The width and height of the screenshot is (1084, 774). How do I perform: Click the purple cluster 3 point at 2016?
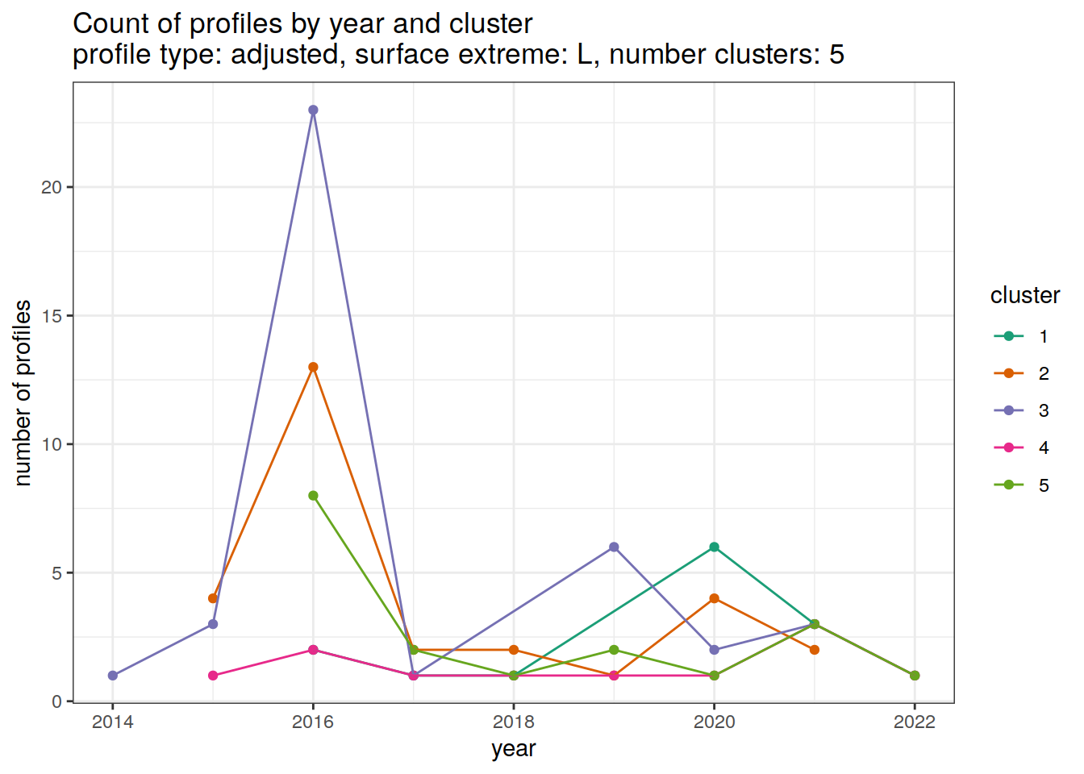pos(313,110)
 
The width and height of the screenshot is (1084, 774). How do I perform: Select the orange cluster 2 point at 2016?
pos(313,367)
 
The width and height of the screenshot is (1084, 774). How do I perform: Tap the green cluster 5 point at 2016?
pos(313,496)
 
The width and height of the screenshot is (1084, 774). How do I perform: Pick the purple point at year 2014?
pos(113,676)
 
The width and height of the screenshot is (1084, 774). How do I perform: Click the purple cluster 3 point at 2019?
pos(614,547)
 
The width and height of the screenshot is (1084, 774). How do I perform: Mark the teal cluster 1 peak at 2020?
pos(714,547)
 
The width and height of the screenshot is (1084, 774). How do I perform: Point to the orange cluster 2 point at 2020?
pos(714,598)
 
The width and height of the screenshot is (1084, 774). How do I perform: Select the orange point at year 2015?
pos(213,598)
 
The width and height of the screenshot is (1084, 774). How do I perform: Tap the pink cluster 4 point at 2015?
pos(213,676)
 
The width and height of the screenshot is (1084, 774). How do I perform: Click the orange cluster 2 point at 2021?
pos(815,650)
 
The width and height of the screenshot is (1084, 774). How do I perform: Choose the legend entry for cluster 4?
pos(1020,447)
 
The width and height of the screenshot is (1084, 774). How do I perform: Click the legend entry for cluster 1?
pos(1020,336)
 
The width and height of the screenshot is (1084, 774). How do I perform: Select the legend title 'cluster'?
pos(1024,296)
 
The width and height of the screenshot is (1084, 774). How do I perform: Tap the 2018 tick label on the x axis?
pos(514,722)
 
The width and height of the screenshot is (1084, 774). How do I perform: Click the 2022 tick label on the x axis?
pos(915,722)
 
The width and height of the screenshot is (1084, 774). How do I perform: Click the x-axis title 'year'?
pos(514,749)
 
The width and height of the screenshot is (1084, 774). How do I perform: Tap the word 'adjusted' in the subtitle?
pos(286,55)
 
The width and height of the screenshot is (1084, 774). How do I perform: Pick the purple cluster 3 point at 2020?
pos(714,650)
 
